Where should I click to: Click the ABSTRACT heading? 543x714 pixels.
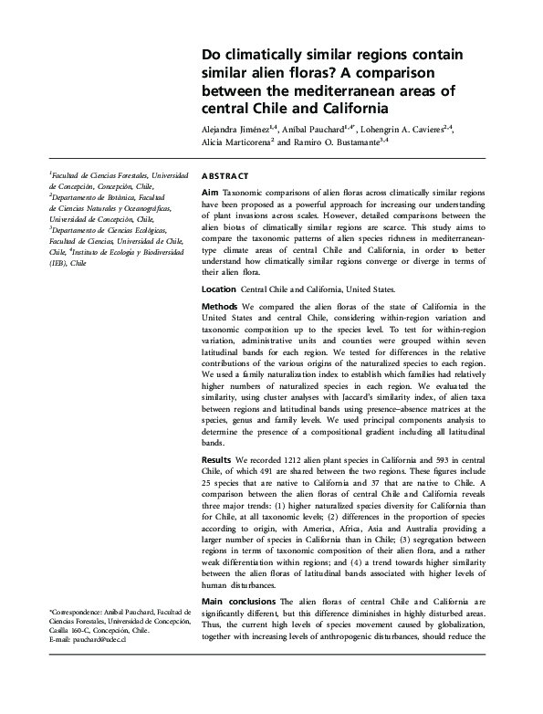click(x=224, y=173)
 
